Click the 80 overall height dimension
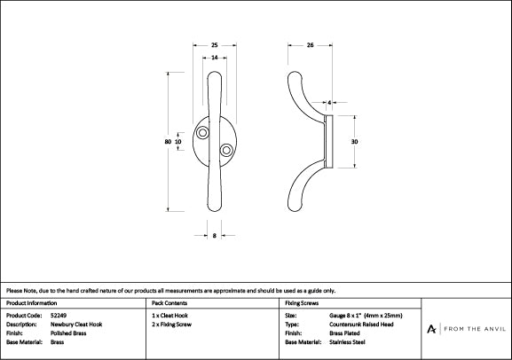[x=167, y=141]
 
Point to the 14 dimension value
[x=216, y=58]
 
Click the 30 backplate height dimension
[x=353, y=141]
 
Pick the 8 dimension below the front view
[x=216, y=236]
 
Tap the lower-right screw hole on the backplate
[x=226, y=149]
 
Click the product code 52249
[x=59, y=315]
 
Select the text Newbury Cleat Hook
[x=76, y=324]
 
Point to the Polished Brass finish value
[x=68, y=333]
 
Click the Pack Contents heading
[x=169, y=303]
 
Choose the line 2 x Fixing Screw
[x=173, y=324]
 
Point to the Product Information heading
[x=31, y=303]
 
